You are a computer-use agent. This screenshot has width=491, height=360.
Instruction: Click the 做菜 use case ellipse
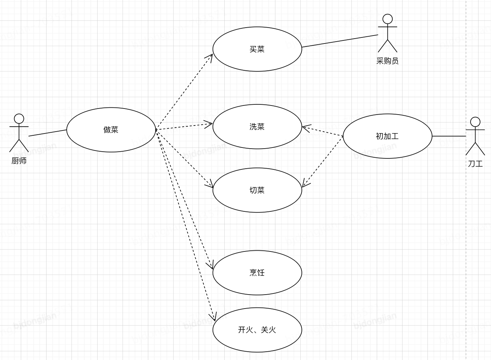(x=111, y=130)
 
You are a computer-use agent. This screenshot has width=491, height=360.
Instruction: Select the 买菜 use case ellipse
(x=257, y=49)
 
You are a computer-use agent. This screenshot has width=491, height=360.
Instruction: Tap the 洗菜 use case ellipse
(x=257, y=127)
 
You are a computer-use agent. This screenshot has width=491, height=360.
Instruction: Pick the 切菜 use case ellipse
(x=257, y=190)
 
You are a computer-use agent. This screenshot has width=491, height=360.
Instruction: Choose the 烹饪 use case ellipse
(x=257, y=273)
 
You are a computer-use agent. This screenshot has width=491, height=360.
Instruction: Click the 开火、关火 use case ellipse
(x=257, y=330)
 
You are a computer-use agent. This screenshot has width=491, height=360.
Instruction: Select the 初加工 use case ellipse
(x=387, y=136)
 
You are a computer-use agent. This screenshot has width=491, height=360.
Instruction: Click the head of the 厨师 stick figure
(x=19, y=119)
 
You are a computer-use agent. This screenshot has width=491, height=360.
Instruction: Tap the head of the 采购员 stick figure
(x=387, y=19)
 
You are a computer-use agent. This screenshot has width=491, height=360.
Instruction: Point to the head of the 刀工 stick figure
(x=475, y=122)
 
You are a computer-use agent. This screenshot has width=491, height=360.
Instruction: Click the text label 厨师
(x=19, y=161)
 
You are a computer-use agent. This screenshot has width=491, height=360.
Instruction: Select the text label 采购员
(x=387, y=61)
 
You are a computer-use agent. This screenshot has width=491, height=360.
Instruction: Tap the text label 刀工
(x=475, y=164)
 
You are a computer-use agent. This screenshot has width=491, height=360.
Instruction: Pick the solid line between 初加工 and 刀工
(x=449, y=136)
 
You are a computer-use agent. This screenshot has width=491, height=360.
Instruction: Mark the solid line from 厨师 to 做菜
(x=47, y=133)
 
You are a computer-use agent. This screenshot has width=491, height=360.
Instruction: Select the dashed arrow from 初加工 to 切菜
(x=323, y=161)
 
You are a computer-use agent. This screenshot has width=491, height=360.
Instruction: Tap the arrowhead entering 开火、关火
(x=214, y=317)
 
